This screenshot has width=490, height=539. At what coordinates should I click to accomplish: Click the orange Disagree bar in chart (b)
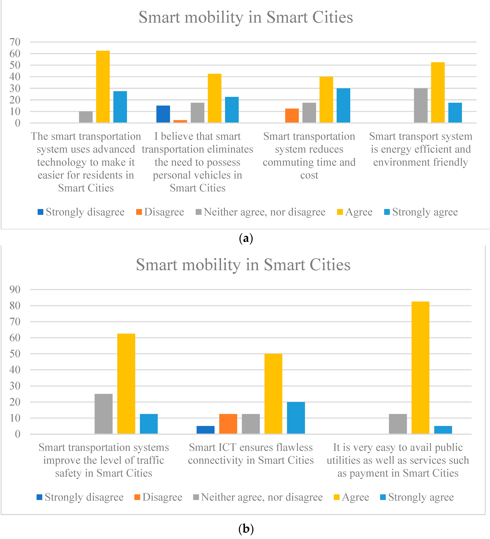[x=228, y=424]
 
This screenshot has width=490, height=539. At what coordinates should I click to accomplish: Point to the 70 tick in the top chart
[x=15, y=42]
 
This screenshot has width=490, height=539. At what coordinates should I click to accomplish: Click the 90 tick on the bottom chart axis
[x=15, y=290]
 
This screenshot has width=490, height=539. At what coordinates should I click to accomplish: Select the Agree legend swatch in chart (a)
[x=340, y=212]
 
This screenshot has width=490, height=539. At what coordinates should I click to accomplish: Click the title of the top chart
[x=246, y=17]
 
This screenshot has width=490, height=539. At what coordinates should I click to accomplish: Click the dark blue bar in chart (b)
[x=205, y=430]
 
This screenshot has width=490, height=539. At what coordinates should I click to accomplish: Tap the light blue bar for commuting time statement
[x=343, y=105]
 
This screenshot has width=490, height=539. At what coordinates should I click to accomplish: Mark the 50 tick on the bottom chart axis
[x=15, y=354]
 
